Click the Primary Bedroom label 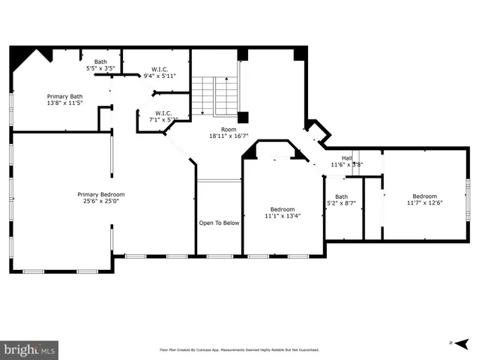coord(101,193)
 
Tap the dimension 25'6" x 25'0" coord(101,201)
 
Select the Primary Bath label coord(65,96)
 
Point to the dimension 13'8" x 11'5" coord(65,103)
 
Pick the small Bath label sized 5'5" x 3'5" coord(100,61)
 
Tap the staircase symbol coord(214,96)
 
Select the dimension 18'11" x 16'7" coord(229,136)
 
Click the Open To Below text coord(219,223)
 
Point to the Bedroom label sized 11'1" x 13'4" coord(283,208)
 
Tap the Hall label coord(346,157)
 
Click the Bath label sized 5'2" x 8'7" coord(341,196)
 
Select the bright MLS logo coord(30,349)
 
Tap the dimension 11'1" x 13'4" coord(283,216)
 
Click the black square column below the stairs coord(243,117)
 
